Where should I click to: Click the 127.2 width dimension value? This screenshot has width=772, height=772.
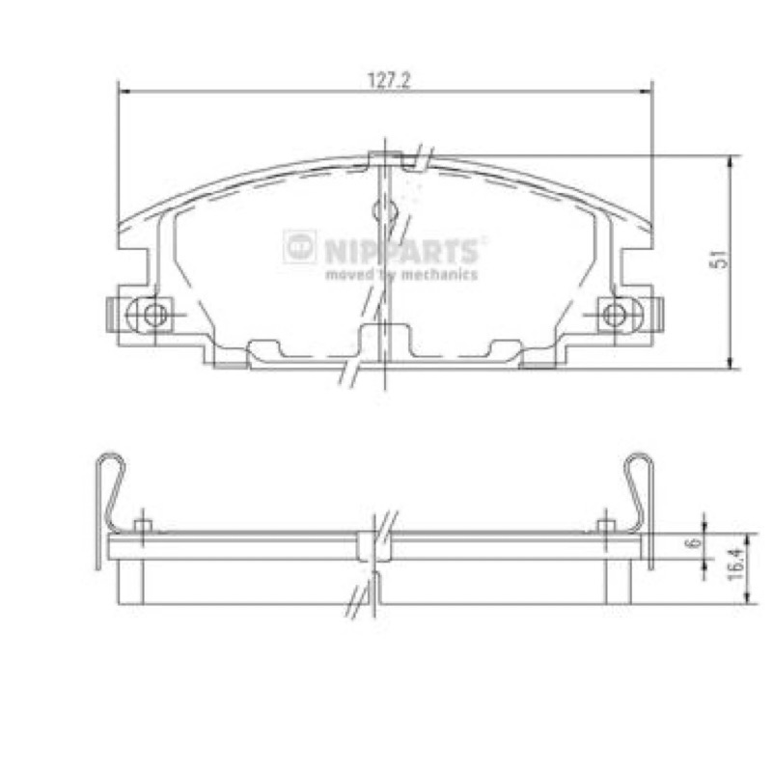(x=389, y=80)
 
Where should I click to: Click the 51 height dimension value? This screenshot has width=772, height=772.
(x=718, y=260)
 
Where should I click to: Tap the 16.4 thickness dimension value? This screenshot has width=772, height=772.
(x=734, y=565)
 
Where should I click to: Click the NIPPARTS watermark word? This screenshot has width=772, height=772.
(x=400, y=251)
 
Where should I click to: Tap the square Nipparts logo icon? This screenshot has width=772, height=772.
(x=300, y=246)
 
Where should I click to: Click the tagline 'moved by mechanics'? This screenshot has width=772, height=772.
(x=401, y=274)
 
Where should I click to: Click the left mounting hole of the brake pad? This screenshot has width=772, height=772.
(x=155, y=315)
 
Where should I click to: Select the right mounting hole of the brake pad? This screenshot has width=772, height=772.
(x=614, y=315)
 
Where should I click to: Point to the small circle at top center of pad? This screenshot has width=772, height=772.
(x=384, y=210)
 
